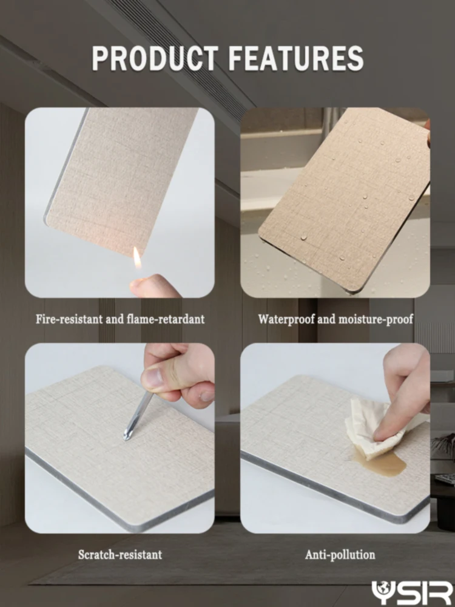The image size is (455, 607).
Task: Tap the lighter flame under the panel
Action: (x=137, y=259)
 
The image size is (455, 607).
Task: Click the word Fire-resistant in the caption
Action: (x=69, y=319)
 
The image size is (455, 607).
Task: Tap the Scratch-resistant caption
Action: (x=120, y=554)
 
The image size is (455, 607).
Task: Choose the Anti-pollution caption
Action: (x=340, y=554)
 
